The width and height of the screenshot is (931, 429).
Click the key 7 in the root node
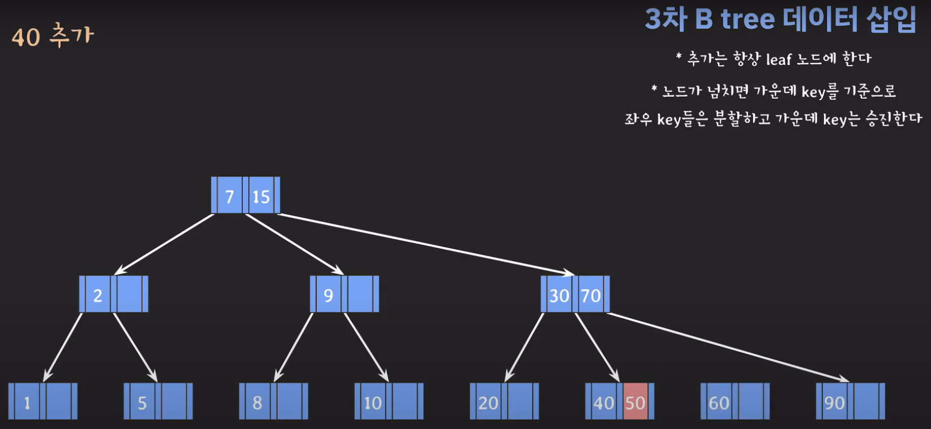pos(230,196)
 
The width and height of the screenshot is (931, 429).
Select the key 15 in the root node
pos(261,196)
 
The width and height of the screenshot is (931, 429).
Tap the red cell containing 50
pos(635,403)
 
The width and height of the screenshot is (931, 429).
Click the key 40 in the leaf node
pos(604,403)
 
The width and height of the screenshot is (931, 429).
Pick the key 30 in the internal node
pos(559,295)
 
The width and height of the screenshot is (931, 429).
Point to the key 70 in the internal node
pos(591,295)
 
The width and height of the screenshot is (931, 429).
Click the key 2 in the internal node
pos(98,295)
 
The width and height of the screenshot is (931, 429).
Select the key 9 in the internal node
pos(328,295)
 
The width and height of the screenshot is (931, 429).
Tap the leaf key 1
pos(27,403)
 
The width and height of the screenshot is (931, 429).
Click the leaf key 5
pos(142,403)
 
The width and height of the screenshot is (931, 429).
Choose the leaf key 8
pos(258,403)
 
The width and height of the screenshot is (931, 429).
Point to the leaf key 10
pos(373,403)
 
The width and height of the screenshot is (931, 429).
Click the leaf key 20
pos(488,403)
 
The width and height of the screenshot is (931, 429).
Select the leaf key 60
pos(719,403)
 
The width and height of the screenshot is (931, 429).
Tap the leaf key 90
pos(834,403)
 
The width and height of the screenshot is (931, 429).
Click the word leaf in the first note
pos(779,59)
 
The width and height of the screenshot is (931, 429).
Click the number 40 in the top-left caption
pos(26,38)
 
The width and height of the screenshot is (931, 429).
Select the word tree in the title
pos(748,19)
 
